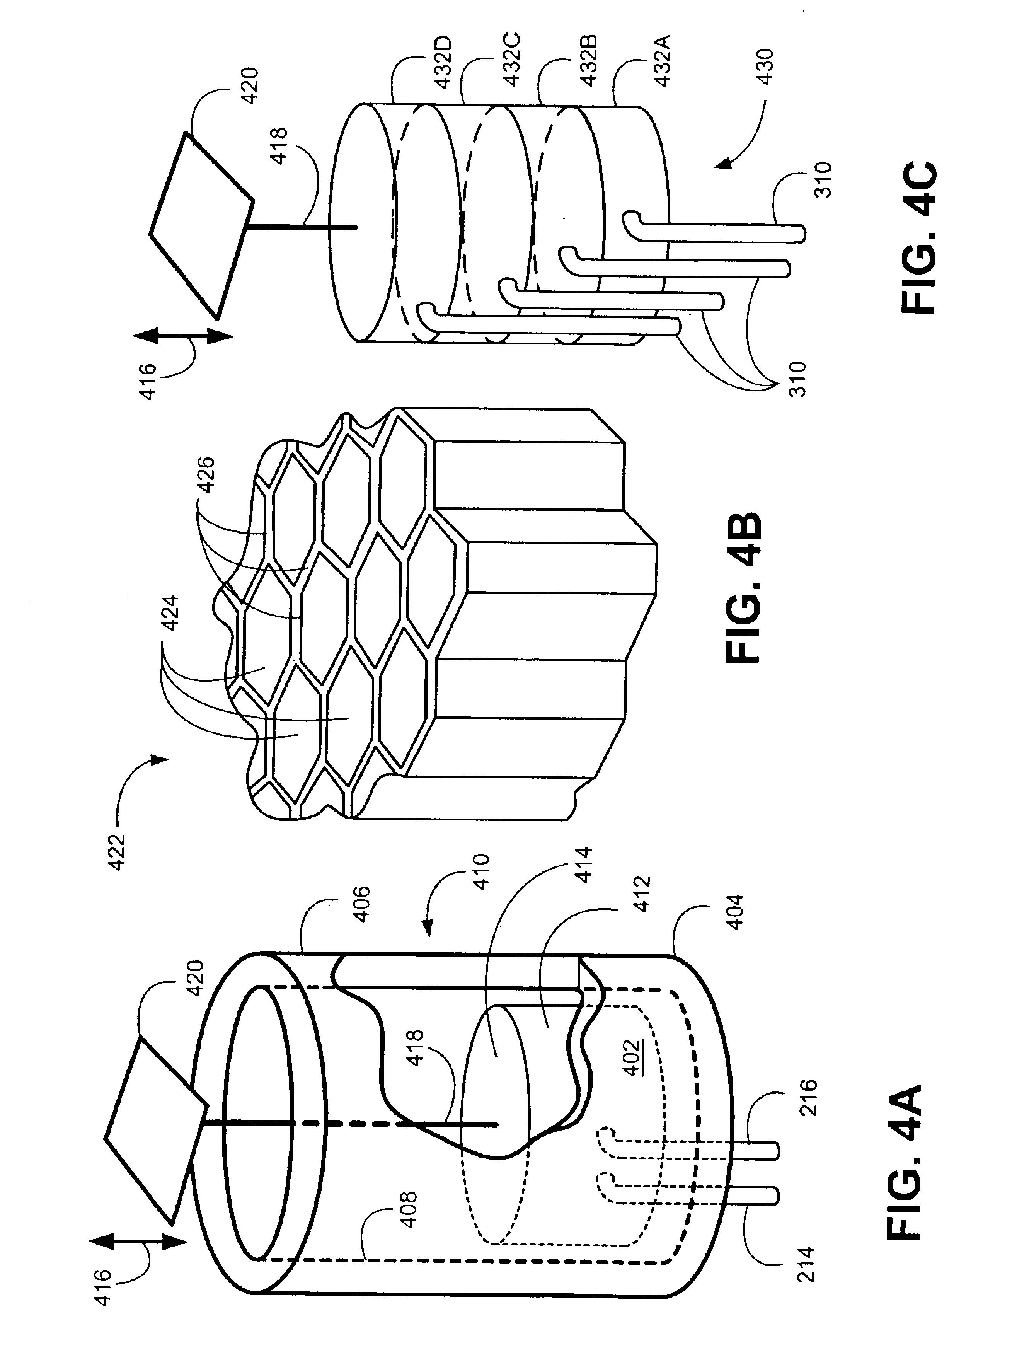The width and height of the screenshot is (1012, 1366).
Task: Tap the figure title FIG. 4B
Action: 743,588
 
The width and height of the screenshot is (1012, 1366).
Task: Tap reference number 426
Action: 207,475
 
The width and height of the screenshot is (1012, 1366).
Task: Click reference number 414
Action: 583,864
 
